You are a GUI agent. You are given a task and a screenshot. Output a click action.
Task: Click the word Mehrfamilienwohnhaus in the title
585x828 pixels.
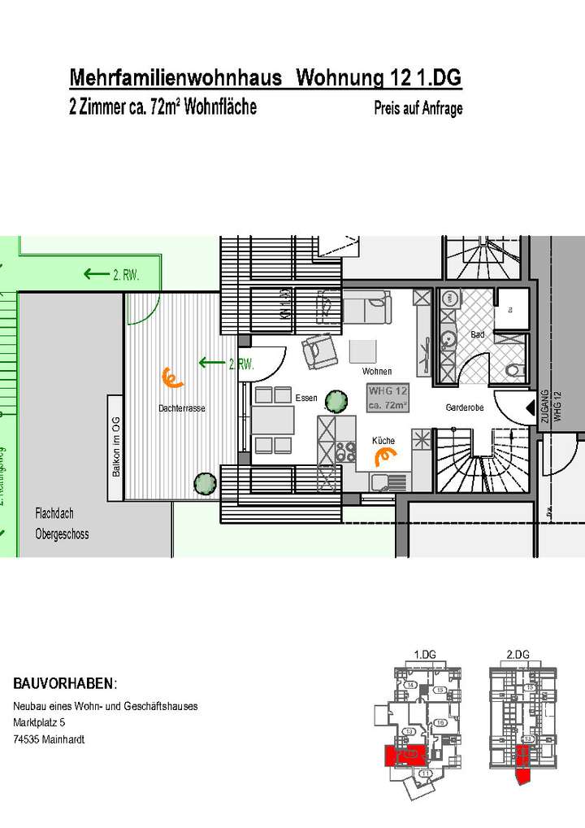pos(175,78)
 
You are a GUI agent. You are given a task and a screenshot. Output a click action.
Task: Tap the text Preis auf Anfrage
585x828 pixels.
pos(418,108)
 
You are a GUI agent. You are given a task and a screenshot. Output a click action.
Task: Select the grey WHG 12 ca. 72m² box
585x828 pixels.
pos(388,398)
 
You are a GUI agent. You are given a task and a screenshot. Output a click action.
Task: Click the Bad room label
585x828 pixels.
pos(478,334)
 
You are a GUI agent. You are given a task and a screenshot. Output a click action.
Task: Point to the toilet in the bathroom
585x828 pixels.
pos(513,372)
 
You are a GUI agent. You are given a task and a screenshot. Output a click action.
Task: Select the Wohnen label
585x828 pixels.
pos(377,371)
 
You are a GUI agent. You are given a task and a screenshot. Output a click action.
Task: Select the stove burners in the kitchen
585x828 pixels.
pos(346,450)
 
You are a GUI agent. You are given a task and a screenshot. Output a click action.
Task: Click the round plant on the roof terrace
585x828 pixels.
pos(205,482)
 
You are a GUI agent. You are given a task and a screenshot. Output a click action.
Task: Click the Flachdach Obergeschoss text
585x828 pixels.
pos(61,524)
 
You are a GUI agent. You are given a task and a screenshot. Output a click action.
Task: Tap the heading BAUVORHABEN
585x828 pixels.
pos(65,682)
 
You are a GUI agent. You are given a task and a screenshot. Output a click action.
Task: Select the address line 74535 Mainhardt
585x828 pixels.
pos(49,739)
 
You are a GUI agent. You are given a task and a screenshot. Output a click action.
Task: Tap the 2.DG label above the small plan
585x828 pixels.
pos(517,654)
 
